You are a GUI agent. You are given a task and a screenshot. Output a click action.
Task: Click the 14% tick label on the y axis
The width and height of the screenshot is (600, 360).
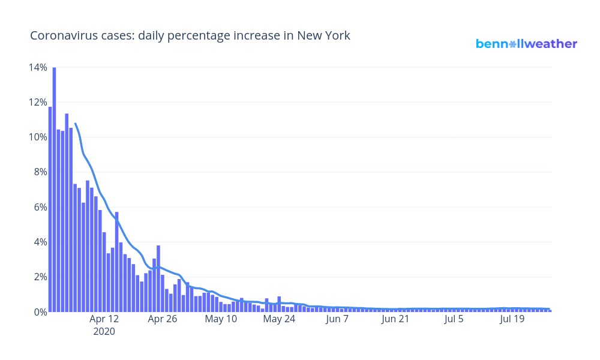tap(37, 67)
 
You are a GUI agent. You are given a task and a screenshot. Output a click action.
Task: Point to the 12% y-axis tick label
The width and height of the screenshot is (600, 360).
tap(37, 102)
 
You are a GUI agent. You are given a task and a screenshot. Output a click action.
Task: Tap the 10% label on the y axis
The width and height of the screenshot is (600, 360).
tap(37, 137)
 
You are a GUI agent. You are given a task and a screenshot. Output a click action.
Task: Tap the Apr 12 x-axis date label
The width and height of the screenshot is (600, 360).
tap(104, 319)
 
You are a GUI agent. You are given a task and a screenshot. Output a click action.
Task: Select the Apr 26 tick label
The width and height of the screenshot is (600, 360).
tap(163, 319)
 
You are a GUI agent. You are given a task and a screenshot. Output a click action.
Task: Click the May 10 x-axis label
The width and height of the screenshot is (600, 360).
tap(221, 319)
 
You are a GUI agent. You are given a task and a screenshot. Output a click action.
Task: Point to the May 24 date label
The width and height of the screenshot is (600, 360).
tap(279, 319)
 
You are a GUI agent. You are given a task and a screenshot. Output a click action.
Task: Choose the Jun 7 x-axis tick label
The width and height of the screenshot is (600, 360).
tap(337, 319)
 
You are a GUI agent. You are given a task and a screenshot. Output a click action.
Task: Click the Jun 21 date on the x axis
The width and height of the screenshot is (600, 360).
tap(395, 319)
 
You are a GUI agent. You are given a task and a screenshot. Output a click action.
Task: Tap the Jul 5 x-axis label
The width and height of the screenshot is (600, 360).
tap(454, 319)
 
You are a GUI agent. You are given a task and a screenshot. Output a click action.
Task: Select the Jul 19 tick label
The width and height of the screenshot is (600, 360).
tap(512, 319)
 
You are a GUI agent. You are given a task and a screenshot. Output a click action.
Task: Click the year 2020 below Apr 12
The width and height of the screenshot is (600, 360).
tap(104, 331)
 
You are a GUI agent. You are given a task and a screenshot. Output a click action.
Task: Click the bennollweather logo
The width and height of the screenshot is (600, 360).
tap(526, 44)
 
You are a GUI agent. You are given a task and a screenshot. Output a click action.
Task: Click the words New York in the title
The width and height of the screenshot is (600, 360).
tap(324, 36)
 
